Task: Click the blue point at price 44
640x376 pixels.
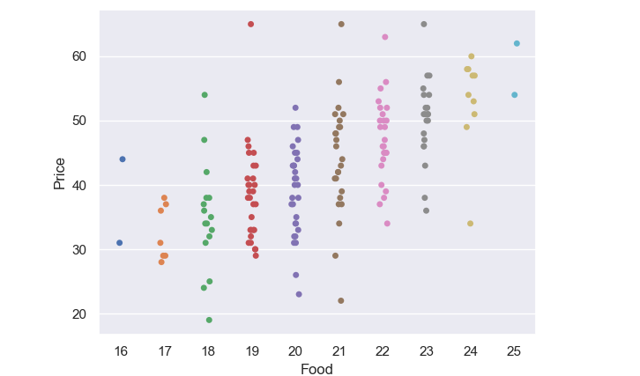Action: tap(123, 159)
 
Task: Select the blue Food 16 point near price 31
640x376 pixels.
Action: tap(120, 243)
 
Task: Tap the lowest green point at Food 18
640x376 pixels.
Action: tap(209, 321)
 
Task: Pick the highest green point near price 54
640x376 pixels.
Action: tap(205, 95)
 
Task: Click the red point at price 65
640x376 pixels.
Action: tap(251, 24)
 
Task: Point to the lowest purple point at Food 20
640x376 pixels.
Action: tap(299, 294)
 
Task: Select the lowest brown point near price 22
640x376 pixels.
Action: tap(341, 301)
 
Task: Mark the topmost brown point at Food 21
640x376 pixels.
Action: tap(341, 24)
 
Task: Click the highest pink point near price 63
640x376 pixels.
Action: tap(385, 37)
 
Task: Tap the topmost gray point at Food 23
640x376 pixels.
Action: tap(424, 24)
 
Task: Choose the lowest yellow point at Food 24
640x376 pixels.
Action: tap(471, 224)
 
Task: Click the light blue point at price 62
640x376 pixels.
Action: tap(517, 43)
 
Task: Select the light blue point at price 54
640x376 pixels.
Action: tap(515, 95)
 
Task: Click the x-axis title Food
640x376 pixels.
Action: tap(317, 369)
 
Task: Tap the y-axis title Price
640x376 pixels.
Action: tap(60, 173)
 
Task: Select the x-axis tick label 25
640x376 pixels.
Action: tap(514, 351)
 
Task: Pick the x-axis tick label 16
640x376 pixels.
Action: tap(121, 351)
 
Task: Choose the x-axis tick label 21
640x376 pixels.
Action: tap(339, 351)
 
